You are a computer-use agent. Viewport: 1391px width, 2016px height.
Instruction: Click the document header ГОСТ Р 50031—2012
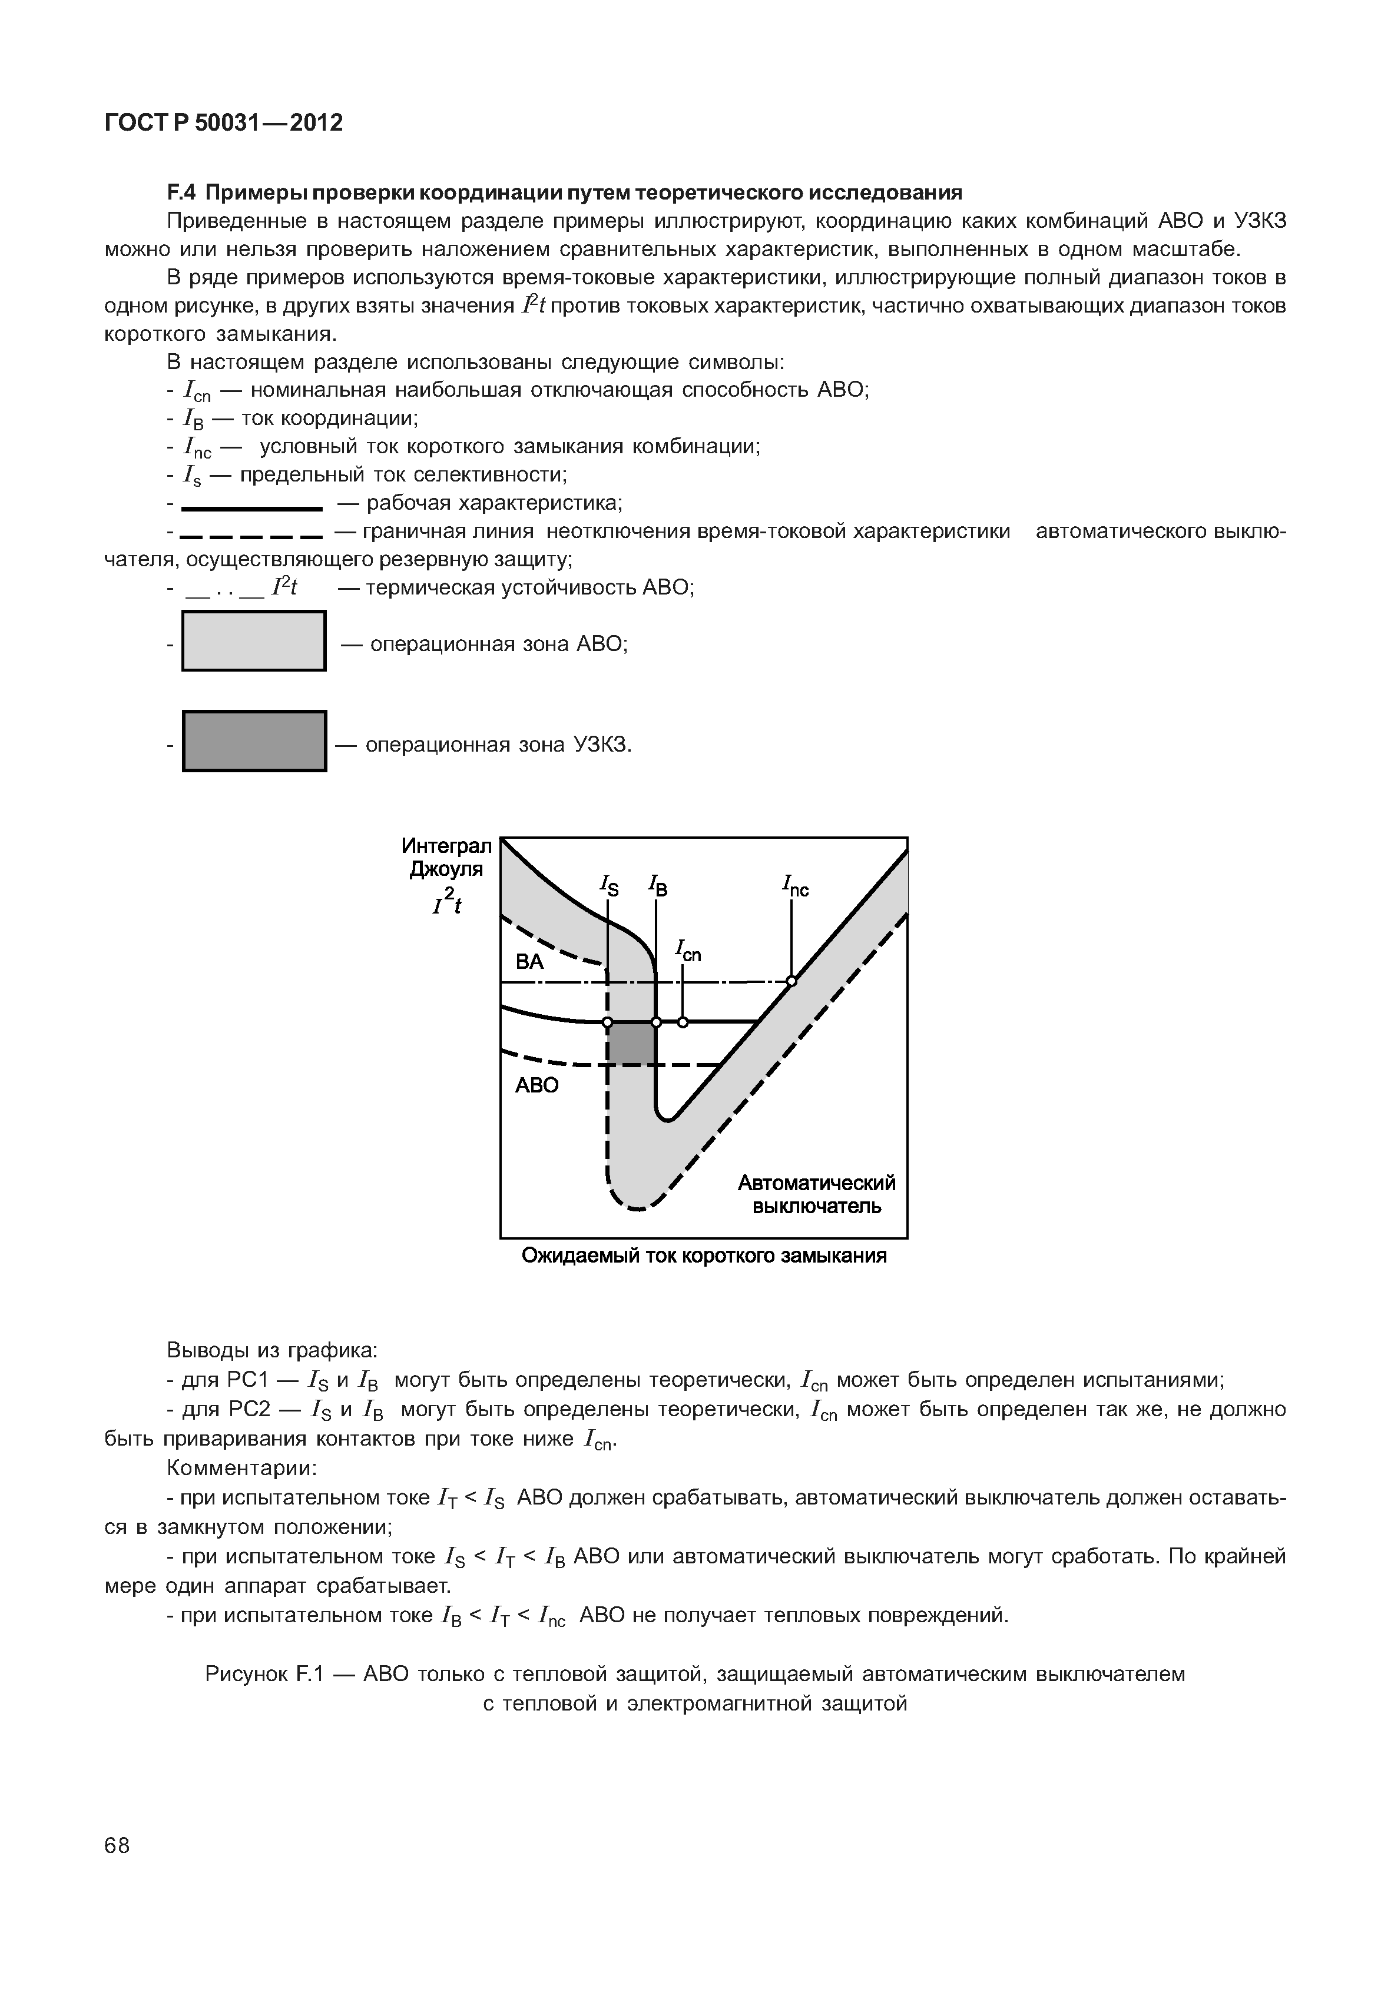coord(223,123)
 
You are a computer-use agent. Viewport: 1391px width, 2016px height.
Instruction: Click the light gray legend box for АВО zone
coord(254,641)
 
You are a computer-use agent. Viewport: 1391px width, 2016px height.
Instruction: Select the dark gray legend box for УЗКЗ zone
coord(254,742)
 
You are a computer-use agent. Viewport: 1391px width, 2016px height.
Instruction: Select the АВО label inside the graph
coord(537,1085)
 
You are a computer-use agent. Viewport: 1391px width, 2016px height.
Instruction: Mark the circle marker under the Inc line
coord(791,982)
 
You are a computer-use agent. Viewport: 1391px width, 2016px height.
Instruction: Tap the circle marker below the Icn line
coord(683,1022)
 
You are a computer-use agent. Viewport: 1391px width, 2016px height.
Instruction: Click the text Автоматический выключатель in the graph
coord(817,1194)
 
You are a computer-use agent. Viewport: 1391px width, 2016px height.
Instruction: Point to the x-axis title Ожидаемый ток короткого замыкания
coord(703,1256)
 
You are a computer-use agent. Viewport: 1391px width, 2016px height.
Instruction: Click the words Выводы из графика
coord(272,1350)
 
